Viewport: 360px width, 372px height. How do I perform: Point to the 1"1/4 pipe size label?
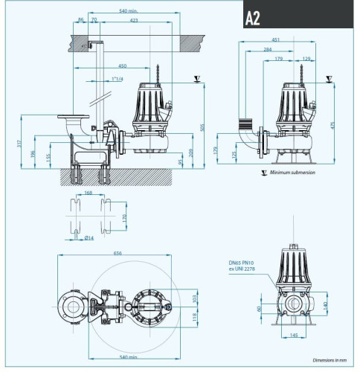[x=116, y=78]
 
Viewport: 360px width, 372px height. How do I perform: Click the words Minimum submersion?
[x=292, y=172]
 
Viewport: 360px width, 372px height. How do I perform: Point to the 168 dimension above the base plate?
[x=89, y=193]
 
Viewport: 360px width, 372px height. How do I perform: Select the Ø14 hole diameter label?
[x=89, y=237]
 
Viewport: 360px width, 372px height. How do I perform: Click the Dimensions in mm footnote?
[x=329, y=359]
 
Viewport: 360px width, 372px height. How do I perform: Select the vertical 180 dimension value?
[x=326, y=305]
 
